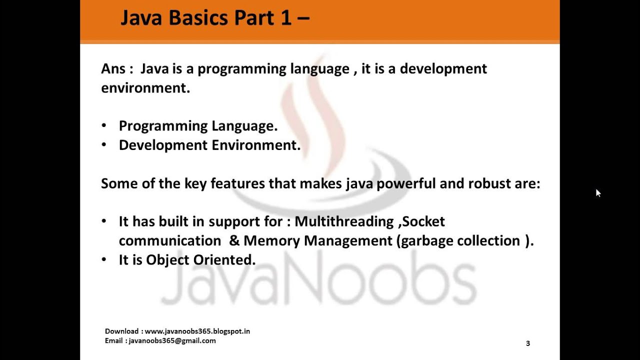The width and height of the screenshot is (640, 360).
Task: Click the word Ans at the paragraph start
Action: pyautogui.click(x=113, y=68)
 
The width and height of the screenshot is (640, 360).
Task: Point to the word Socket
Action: pyautogui.click(x=423, y=221)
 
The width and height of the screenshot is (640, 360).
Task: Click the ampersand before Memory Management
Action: pyautogui.click(x=234, y=241)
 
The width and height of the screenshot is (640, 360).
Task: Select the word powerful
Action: pyautogui.click(x=406, y=183)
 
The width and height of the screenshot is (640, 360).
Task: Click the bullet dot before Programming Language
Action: pyautogui.click(x=104, y=125)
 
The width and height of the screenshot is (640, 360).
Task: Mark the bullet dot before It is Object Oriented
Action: pyautogui.click(x=104, y=259)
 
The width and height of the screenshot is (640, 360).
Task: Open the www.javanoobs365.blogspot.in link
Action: pyautogui.click(x=197, y=331)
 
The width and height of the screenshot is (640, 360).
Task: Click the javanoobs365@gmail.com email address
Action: pyautogui.click(x=172, y=340)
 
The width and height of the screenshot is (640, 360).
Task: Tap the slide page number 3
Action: pyautogui.click(x=528, y=343)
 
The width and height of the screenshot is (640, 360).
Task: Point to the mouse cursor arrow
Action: pyautogui.click(x=598, y=193)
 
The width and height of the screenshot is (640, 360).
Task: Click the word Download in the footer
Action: pyautogui.click(x=122, y=331)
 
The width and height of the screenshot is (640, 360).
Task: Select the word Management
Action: pyautogui.click(x=348, y=241)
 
